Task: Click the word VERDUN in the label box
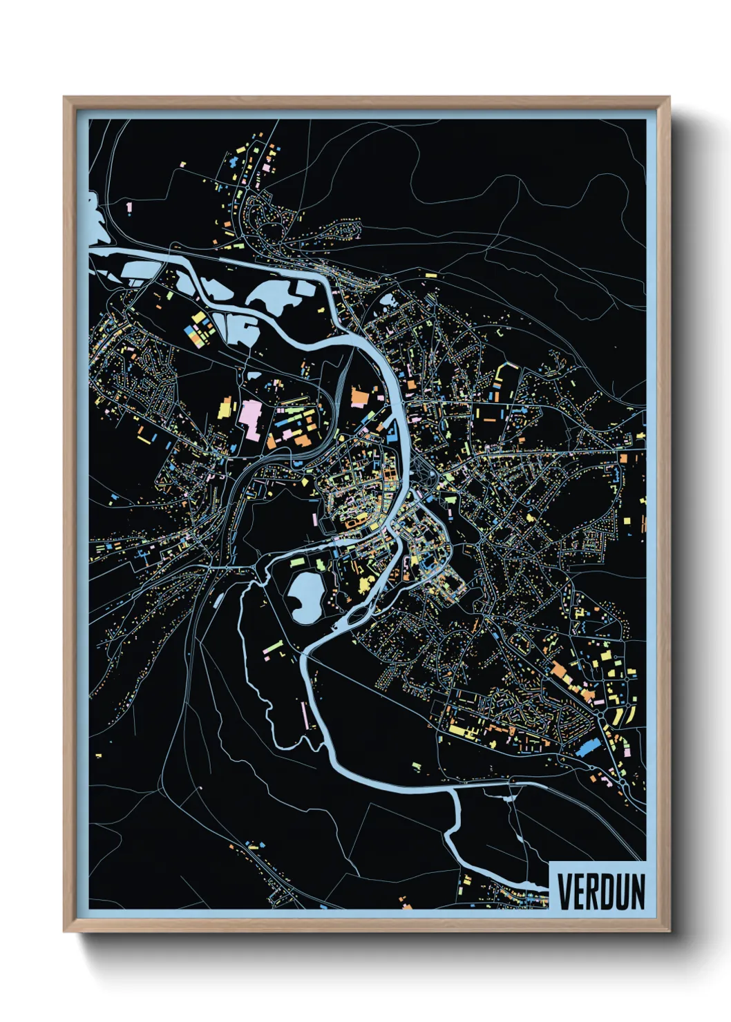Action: coord(600,891)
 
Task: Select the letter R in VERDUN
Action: coord(591,891)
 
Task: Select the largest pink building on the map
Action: coord(249,419)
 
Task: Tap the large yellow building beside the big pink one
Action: coord(225,408)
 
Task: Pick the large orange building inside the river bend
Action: coord(360,398)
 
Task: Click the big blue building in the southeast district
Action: coord(587,748)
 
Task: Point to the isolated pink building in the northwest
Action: coord(129,206)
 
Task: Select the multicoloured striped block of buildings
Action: coord(200,332)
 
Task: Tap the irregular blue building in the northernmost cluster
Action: coord(233,163)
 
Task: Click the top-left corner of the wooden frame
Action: coord(65,98)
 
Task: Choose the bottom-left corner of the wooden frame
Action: coord(65,931)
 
